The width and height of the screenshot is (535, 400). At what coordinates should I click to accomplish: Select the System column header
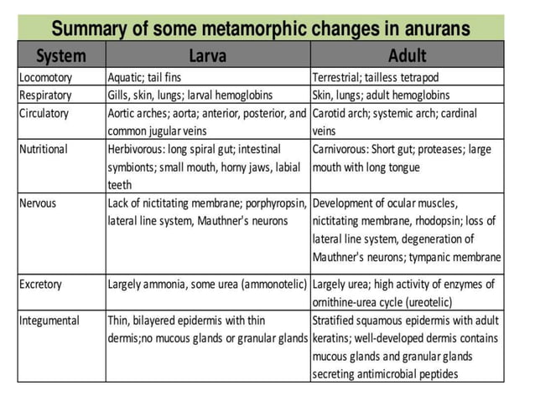(x=60, y=56)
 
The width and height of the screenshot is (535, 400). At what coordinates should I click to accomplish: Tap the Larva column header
(x=208, y=56)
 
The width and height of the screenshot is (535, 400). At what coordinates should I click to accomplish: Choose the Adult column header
(x=407, y=56)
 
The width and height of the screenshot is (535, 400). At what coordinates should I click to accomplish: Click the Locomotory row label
(x=46, y=78)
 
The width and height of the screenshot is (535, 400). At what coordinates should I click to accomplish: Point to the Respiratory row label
(x=46, y=95)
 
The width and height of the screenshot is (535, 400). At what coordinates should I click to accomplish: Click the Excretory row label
(x=41, y=285)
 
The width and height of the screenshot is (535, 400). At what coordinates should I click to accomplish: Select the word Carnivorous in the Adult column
(x=344, y=150)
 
